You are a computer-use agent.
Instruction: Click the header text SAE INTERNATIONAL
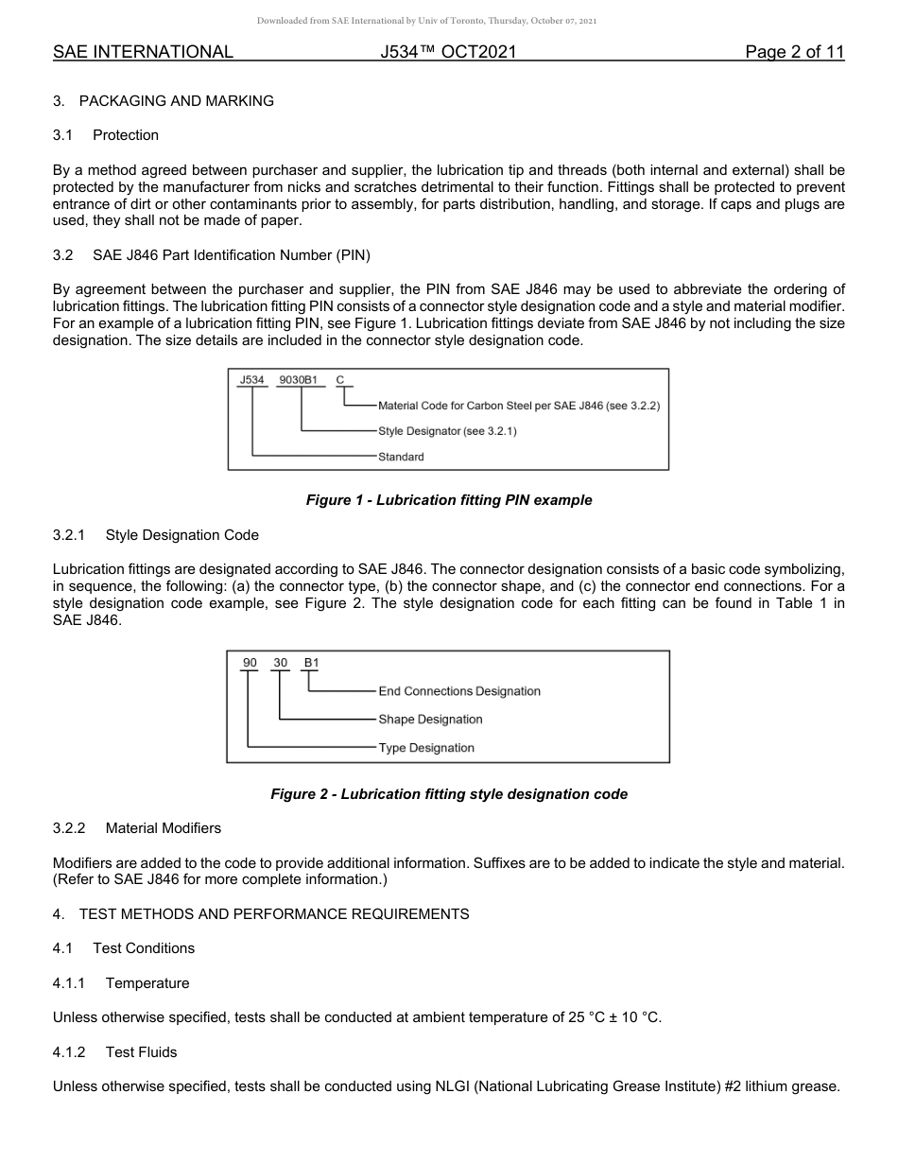(x=143, y=52)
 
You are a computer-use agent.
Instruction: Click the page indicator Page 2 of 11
(x=794, y=52)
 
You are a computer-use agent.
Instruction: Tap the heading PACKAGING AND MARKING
(x=176, y=101)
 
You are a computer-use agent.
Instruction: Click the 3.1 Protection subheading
(x=106, y=135)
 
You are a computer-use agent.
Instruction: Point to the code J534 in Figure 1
(x=251, y=380)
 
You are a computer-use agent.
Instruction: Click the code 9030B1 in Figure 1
(x=302, y=380)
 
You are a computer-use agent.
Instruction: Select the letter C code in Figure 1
(x=340, y=380)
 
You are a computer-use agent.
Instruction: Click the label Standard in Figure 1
(x=401, y=457)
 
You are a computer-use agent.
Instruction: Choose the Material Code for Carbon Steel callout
(x=518, y=406)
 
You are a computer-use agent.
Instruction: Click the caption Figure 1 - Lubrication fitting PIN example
(x=449, y=500)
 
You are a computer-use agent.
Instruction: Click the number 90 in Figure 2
(x=250, y=663)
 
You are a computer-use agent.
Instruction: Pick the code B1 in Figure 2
(x=311, y=663)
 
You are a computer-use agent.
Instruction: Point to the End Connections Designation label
(x=459, y=691)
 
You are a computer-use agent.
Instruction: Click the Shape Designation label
(x=430, y=720)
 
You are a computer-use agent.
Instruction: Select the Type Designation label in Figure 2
(x=426, y=748)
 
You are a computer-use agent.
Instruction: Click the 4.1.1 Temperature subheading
(x=121, y=983)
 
